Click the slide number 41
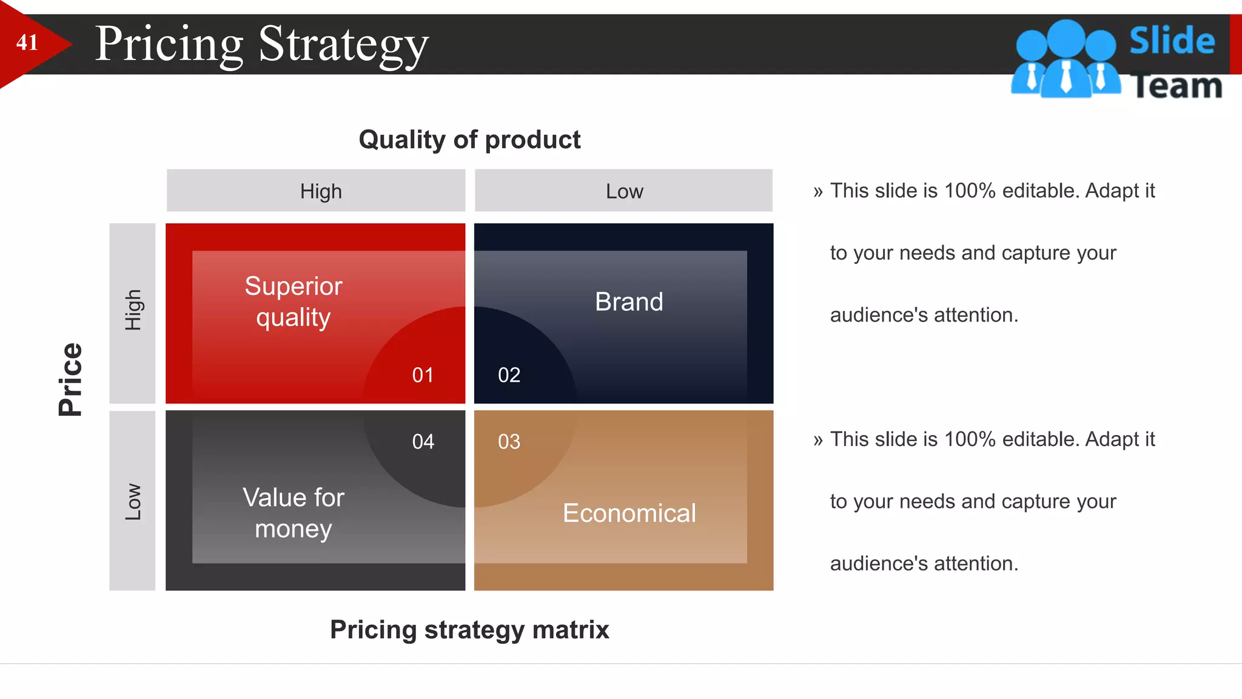27,42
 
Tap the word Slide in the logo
1172,41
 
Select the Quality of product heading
469,140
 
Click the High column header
321,191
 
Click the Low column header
624,191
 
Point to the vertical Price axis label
70,379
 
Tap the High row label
133,310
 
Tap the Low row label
133,502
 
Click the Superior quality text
294,302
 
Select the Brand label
629,302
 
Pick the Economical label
629,513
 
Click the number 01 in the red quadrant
423,375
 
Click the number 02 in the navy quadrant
509,375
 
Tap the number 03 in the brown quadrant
509,442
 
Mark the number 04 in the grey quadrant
423,442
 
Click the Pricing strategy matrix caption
469,630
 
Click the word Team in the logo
1177,86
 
